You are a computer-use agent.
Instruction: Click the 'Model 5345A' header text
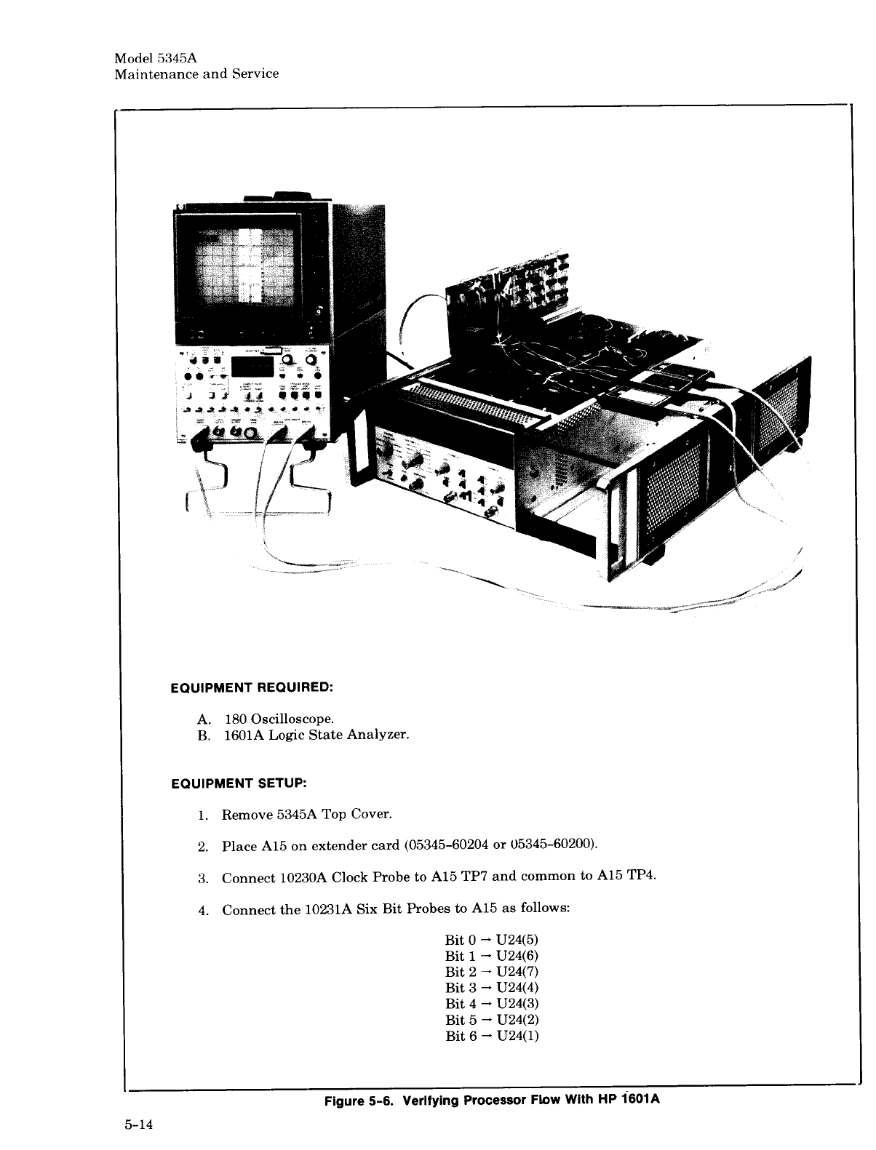[151, 58]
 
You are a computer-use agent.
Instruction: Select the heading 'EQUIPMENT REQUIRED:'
[251, 687]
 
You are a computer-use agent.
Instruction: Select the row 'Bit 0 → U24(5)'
[492, 939]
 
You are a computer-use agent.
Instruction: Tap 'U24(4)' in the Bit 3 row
[517, 987]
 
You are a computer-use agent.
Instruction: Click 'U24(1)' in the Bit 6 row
[517, 1035]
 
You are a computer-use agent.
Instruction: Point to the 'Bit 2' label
[459, 971]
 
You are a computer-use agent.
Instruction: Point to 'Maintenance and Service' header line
[196, 73]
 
